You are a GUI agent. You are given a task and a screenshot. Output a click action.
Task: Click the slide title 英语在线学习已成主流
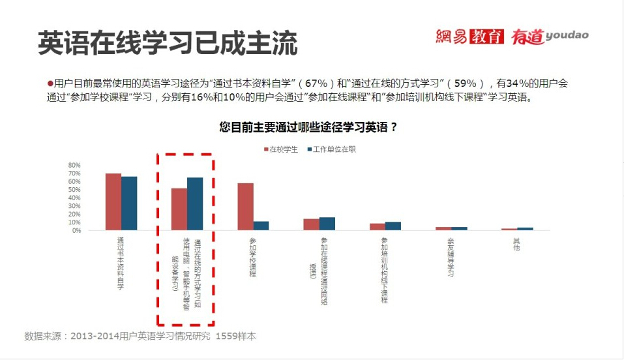tap(168, 44)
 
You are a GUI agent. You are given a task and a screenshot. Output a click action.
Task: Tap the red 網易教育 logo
tap(469, 37)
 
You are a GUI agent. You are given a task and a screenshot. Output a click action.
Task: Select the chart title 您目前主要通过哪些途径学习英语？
tap(308, 128)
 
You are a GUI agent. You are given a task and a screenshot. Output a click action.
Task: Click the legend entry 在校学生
tap(280, 149)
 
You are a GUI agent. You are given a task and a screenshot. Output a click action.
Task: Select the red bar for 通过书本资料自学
tap(113, 202)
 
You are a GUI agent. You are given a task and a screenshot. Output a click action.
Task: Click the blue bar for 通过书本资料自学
tap(129, 203)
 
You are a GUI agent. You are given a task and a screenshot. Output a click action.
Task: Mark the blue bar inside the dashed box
tap(195, 203)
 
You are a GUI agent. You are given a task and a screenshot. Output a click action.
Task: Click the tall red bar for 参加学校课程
tap(245, 207)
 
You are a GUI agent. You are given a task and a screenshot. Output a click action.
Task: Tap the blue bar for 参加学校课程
tap(261, 226)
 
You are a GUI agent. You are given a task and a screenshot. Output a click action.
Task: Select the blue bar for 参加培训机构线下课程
tap(393, 226)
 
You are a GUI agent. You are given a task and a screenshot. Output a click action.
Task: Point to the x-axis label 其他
tap(516, 245)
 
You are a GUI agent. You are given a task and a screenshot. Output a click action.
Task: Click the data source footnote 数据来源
tap(140, 337)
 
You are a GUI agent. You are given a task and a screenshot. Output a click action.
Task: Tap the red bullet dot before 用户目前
tap(50, 83)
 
